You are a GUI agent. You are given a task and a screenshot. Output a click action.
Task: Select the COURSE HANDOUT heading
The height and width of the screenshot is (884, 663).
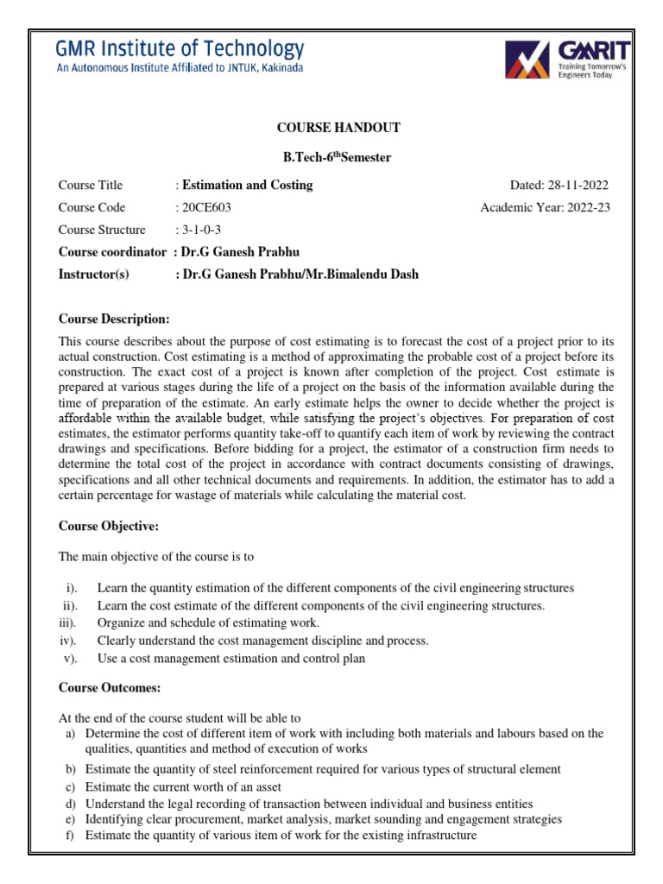(x=338, y=128)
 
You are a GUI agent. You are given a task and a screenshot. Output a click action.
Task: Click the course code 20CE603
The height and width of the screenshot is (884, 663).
(x=205, y=207)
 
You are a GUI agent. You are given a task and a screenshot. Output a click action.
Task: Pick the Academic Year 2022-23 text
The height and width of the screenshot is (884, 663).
(x=545, y=207)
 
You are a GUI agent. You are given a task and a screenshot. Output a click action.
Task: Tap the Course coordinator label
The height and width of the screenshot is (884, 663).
(x=110, y=252)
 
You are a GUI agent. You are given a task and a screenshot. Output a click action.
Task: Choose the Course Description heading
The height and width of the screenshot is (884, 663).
(x=114, y=319)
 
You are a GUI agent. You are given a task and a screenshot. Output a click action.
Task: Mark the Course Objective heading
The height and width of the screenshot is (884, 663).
(x=108, y=526)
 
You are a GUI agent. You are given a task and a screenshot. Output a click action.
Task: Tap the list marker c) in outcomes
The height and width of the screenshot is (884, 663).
(x=70, y=786)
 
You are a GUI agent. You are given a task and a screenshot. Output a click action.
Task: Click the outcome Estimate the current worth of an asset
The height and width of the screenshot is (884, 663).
(x=183, y=786)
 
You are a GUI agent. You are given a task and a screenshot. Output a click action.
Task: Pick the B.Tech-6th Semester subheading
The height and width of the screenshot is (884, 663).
(x=338, y=157)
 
